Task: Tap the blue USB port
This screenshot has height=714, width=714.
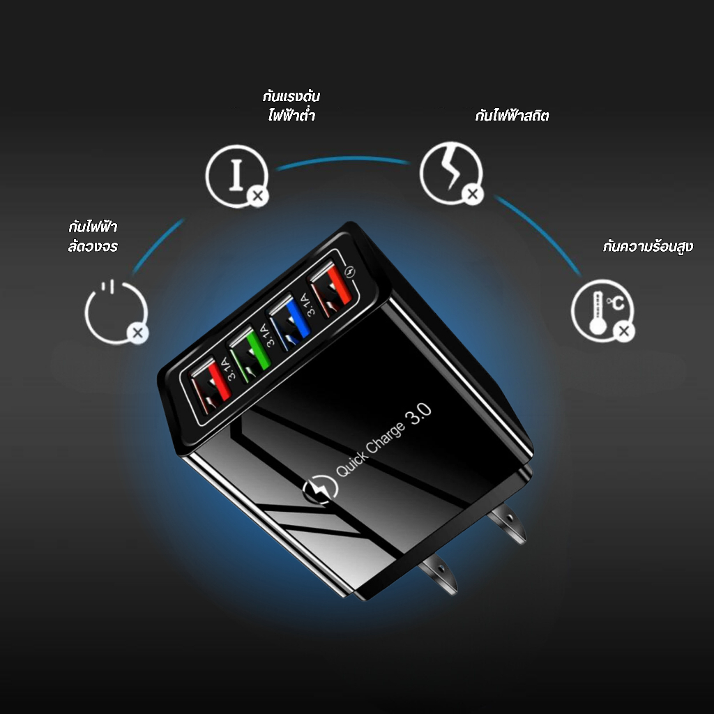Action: pos(289,322)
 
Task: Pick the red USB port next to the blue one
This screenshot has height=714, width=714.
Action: pos(331,289)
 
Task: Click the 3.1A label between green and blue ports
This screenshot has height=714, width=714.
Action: pos(268,335)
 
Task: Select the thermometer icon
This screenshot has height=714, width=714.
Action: pos(602,310)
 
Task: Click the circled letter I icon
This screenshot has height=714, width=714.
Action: pos(237,176)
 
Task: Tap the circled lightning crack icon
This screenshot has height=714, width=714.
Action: pos(451,173)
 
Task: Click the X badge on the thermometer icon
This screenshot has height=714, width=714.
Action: pos(624,331)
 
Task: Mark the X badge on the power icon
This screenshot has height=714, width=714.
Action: pos(138,333)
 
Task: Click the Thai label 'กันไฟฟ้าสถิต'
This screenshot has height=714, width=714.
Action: pos(512,115)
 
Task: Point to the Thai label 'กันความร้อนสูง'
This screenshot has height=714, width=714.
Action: pos(648,246)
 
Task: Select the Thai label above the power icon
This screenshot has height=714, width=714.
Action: pos(93,236)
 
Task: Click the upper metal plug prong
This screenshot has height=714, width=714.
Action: pos(508,523)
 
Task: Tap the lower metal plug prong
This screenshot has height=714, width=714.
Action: pos(439,574)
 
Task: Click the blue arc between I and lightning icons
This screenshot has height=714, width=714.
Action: pos(342,159)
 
